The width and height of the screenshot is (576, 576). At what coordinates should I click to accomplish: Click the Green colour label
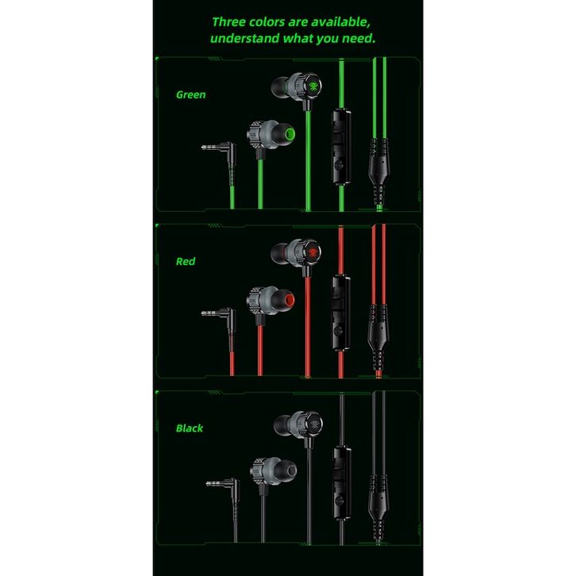[190, 94]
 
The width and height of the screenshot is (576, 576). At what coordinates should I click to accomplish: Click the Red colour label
[186, 261]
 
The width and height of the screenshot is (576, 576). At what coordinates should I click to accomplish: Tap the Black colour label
[190, 428]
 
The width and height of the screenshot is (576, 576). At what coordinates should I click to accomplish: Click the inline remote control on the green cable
[340, 146]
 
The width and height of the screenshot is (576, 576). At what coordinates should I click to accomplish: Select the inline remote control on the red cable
[340, 312]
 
